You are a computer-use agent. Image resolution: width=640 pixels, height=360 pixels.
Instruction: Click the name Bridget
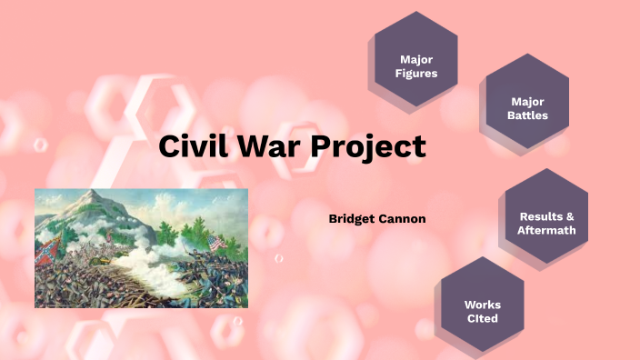click(352, 219)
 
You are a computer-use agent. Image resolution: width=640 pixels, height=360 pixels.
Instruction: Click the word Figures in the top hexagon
click(417, 73)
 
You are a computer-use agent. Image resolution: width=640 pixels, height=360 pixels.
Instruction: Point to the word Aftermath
click(546, 230)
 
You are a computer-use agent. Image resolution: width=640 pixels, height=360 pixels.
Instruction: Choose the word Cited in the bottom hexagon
click(482, 319)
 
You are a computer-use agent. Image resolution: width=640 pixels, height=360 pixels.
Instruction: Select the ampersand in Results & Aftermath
click(570, 216)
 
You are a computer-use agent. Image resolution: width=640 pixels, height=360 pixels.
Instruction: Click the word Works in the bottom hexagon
click(482, 305)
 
